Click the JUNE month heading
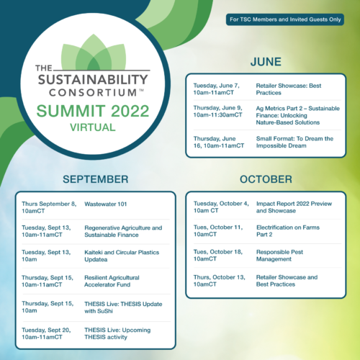click(266, 62)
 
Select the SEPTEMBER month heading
click(96, 179)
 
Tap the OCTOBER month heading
click(266, 179)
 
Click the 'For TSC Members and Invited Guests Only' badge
click(285, 19)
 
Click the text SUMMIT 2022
click(93, 111)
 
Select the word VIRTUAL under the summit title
click(93, 127)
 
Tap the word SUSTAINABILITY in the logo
click(93, 80)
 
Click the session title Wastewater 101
click(106, 204)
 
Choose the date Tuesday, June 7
click(216, 86)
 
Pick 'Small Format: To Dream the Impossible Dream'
click(294, 142)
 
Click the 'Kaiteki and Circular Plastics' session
click(122, 256)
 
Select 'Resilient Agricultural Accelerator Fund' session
click(112, 281)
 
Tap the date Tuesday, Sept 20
click(46, 330)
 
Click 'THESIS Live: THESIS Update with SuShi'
click(123, 307)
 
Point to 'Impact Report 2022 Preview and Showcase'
click(294, 207)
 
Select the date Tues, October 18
click(218, 252)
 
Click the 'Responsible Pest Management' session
click(279, 256)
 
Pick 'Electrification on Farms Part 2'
click(288, 231)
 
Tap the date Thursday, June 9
click(217, 108)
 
